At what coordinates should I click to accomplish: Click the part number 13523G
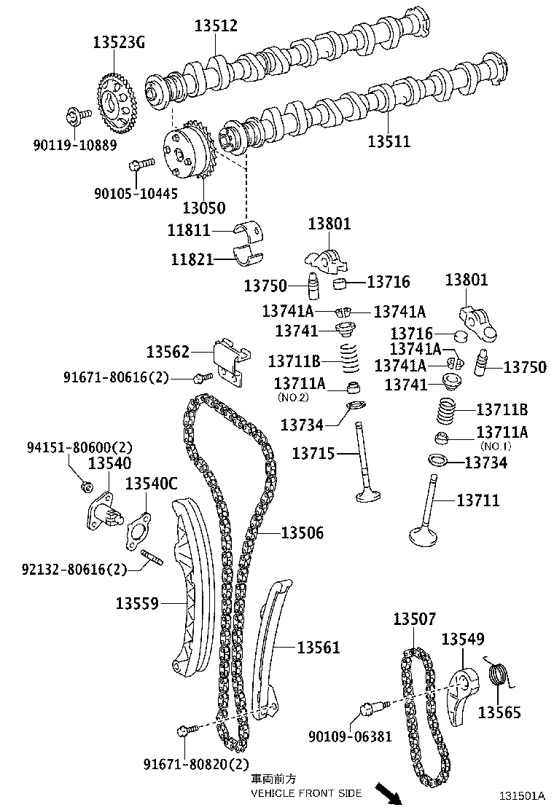pyautogui.click(x=118, y=42)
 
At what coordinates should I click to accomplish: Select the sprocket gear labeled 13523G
pyautogui.click(x=117, y=105)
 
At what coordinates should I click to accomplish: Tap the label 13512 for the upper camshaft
pyautogui.click(x=216, y=26)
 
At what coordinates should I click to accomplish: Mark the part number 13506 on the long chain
pyautogui.click(x=302, y=533)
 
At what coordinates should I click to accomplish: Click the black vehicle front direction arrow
pyautogui.click(x=386, y=793)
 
